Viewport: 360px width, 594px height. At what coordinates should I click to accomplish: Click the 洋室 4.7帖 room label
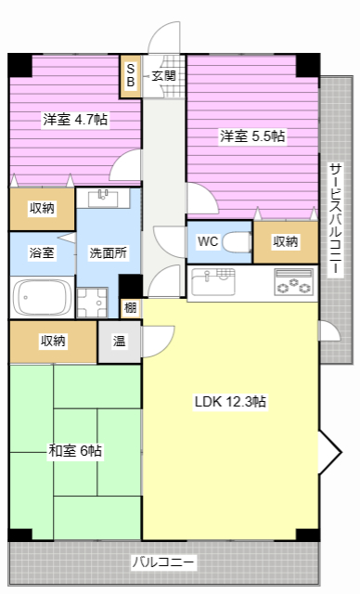pyautogui.click(x=75, y=119)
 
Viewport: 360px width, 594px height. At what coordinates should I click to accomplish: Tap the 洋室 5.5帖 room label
pyautogui.click(x=252, y=136)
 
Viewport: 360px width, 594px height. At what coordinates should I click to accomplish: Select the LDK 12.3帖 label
pyautogui.click(x=230, y=402)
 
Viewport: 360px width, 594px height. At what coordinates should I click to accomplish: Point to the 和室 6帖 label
pyautogui.click(x=75, y=451)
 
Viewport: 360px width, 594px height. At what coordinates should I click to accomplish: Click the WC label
pyautogui.click(x=207, y=241)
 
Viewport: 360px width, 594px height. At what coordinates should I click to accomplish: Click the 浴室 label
pyautogui.click(x=41, y=252)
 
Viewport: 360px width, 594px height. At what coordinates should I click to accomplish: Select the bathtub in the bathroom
pyautogui.click(x=42, y=298)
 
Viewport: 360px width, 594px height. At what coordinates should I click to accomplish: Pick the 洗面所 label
pyautogui.click(x=108, y=252)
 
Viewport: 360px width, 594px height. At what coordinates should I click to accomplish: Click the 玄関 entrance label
pyautogui.click(x=164, y=76)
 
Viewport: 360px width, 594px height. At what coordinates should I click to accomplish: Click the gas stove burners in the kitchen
pyautogui.click(x=293, y=281)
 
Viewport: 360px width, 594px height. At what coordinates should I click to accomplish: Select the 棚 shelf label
pyautogui.click(x=130, y=307)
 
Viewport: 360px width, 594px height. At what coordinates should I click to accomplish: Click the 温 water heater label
pyautogui.click(x=120, y=341)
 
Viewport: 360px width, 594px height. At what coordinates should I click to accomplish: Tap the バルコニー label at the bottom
pyautogui.click(x=163, y=562)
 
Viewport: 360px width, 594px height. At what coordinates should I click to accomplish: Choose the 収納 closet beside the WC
pyautogui.click(x=286, y=241)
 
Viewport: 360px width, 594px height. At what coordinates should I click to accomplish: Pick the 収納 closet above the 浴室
pyautogui.click(x=41, y=208)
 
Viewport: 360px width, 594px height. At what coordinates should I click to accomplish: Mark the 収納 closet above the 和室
pyautogui.click(x=53, y=341)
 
